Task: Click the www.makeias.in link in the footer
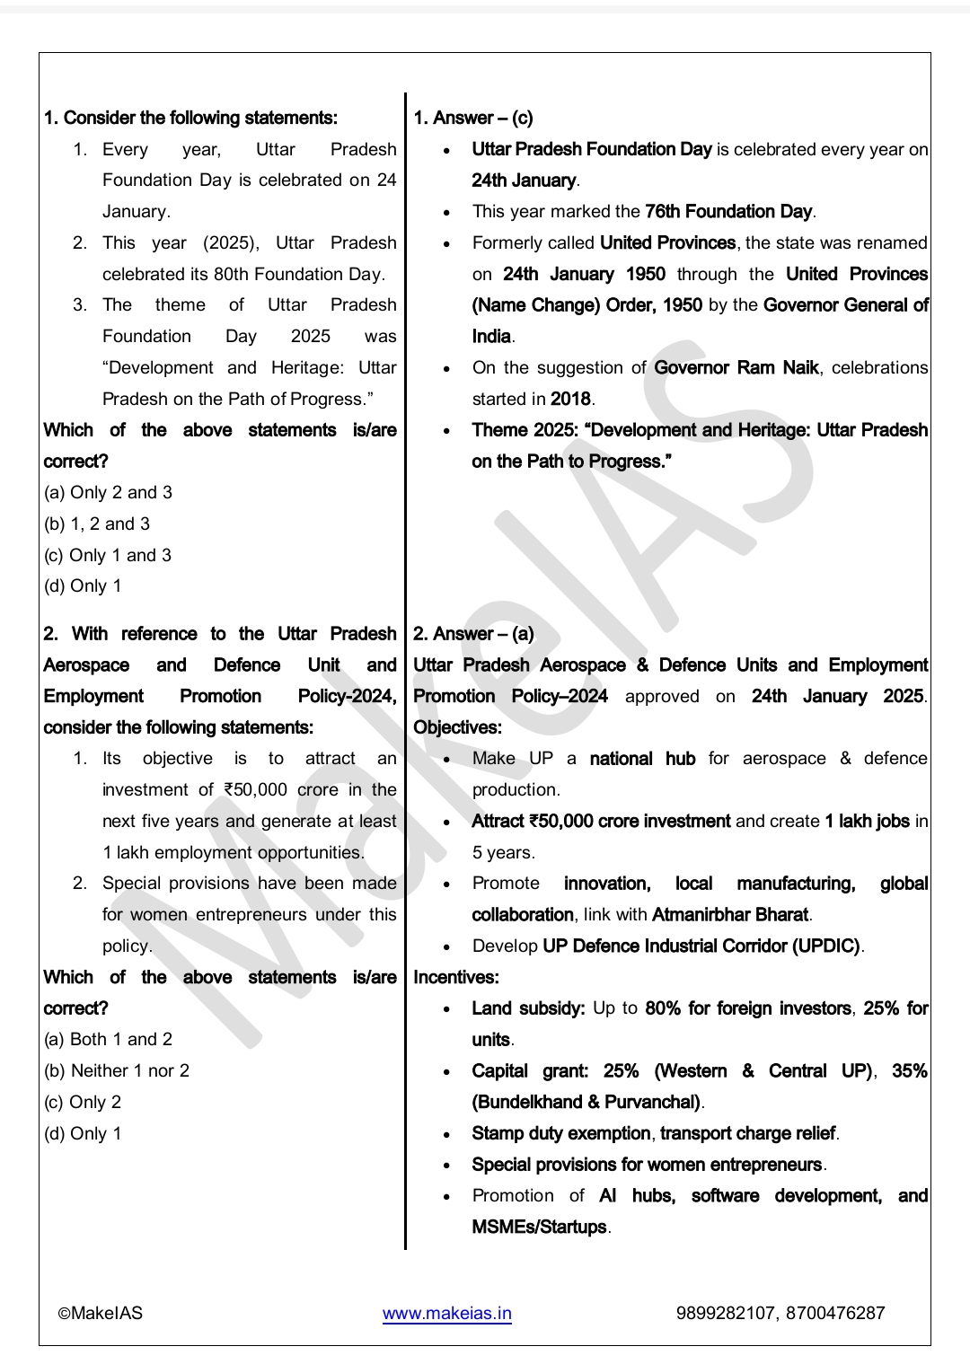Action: pyautogui.click(x=446, y=1313)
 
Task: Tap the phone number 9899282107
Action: pyautogui.click(x=727, y=1313)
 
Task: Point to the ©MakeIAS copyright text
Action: pyautogui.click(x=101, y=1313)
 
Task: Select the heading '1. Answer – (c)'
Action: pyautogui.click(x=472, y=118)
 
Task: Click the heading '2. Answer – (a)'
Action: pyautogui.click(x=473, y=634)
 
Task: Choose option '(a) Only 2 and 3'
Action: pyautogui.click(x=108, y=493)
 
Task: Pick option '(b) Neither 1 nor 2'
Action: pyautogui.click(x=117, y=1070)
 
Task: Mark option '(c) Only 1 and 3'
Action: pyautogui.click(x=108, y=555)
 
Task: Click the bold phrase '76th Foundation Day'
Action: pyautogui.click(x=728, y=212)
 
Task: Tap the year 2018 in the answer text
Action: pyautogui.click(x=570, y=399)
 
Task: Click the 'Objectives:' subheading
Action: pyautogui.click(x=457, y=727)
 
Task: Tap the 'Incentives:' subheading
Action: pyautogui.click(x=455, y=977)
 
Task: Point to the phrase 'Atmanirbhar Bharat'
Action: pyautogui.click(x=730, y=915)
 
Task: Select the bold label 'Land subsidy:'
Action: pyautogui.click(x=528, y=1008)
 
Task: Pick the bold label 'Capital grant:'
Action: pyautogui.click(x=530, y=1071)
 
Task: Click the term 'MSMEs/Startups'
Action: pyautogui.click(x=540, y=1227)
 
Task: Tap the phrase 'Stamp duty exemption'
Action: pyautogui.click(x=561, y=1133)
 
